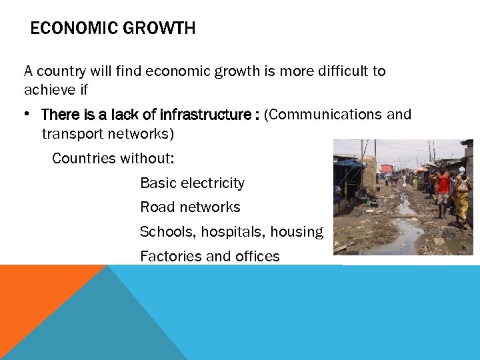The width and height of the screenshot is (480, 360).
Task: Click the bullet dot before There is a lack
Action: [28, 115]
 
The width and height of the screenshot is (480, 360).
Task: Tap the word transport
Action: [71, 134]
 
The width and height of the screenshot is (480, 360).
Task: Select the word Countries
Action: [82, 159]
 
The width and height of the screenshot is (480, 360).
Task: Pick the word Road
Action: [156, 207]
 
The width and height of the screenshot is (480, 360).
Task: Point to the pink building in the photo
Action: [387, 169]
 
